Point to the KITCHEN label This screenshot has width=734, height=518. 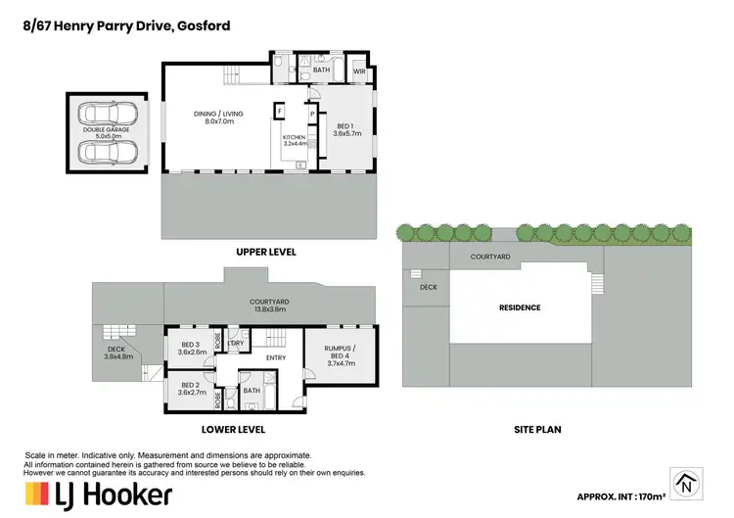[x=295, y=139]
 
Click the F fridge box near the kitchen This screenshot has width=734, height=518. [x=280, y=113]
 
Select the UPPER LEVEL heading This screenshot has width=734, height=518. [x=265, y=252]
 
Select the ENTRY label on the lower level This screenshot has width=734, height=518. [x=275, y=358]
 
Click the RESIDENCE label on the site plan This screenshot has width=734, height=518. [x=520, y=307]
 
